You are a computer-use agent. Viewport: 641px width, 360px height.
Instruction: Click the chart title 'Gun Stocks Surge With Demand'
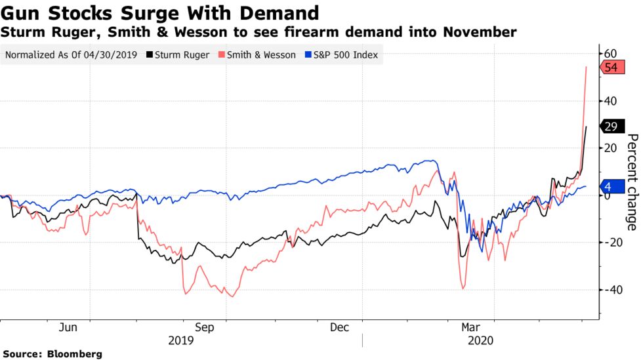tap(160, 12)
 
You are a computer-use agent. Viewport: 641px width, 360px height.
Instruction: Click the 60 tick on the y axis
tap(610, 53)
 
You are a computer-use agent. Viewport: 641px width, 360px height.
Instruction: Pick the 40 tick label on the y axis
tap(610, 101)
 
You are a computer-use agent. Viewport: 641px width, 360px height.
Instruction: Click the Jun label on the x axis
tap(69, 327)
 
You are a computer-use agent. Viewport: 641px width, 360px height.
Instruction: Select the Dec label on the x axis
tap(339, 327)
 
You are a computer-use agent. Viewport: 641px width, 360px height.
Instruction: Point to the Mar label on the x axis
tap(470, 327)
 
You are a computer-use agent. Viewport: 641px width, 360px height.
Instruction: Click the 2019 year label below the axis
tap(181, 340)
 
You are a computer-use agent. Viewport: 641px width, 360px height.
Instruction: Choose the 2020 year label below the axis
tap(480, 340)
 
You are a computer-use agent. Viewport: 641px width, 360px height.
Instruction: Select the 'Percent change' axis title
tap(632, 182)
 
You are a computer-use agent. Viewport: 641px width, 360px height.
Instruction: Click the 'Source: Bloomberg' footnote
tap(52, 354)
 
